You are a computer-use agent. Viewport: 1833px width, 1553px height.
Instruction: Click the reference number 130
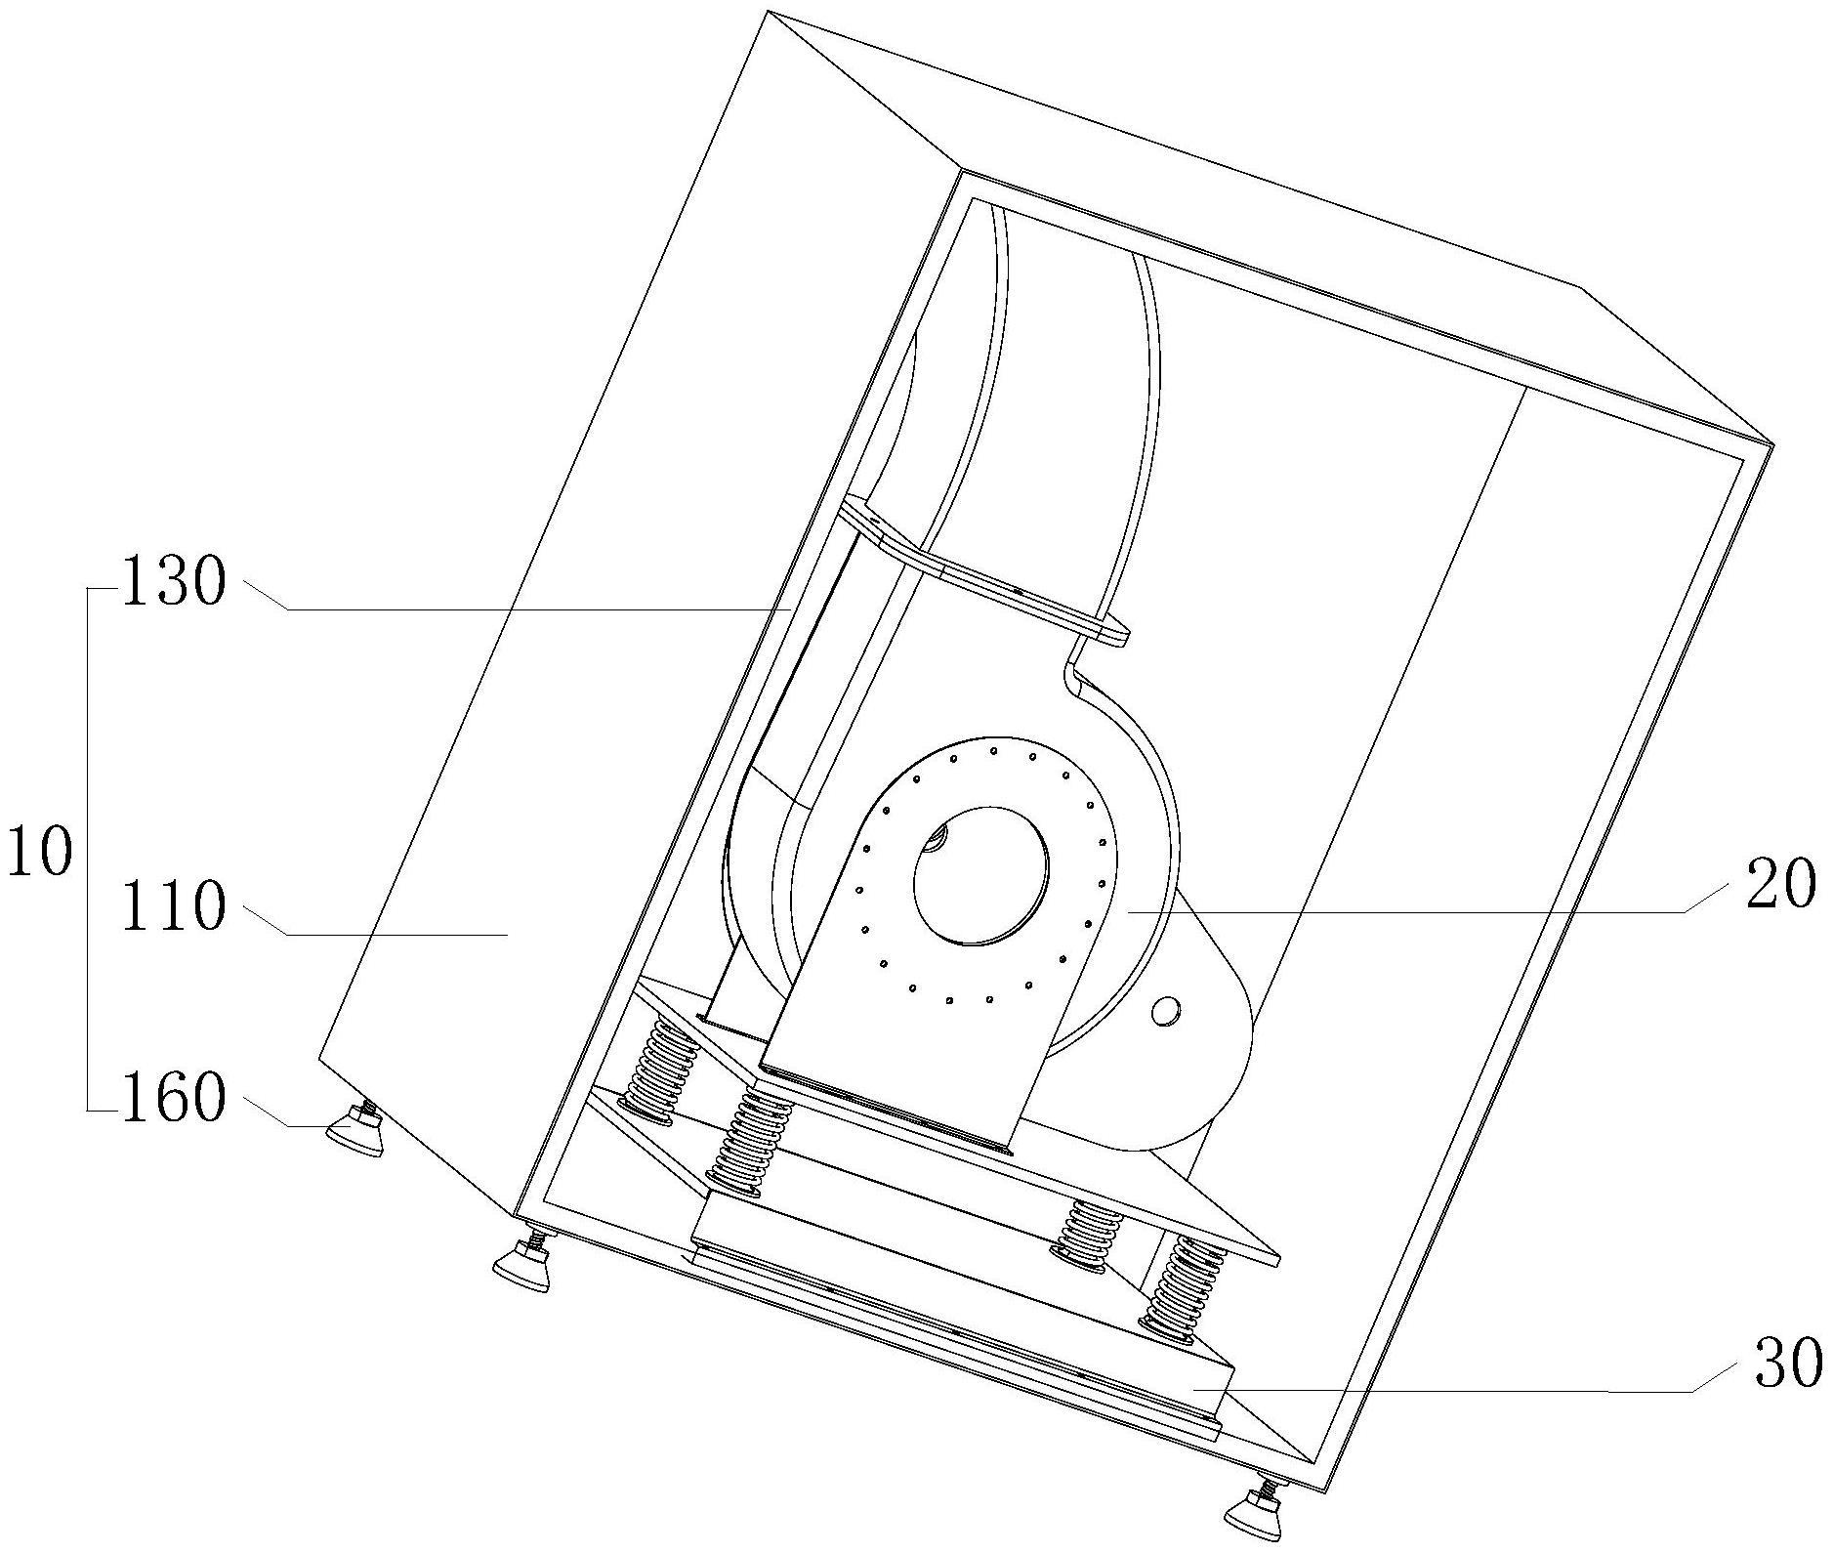[x=173, y=585]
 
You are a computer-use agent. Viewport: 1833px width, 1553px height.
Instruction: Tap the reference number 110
[x=173, y=907]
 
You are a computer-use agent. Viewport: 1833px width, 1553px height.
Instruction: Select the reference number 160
[x=173, y=1099]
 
